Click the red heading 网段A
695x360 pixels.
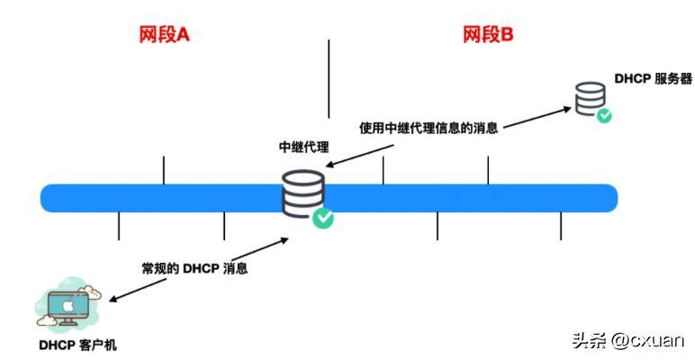164,35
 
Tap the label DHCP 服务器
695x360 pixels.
654,79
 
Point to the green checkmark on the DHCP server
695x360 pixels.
606,115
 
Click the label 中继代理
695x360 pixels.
304,147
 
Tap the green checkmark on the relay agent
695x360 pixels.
322,217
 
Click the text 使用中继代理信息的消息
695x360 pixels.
429,127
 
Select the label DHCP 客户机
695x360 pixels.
77,346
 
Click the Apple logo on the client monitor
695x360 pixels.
66,306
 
